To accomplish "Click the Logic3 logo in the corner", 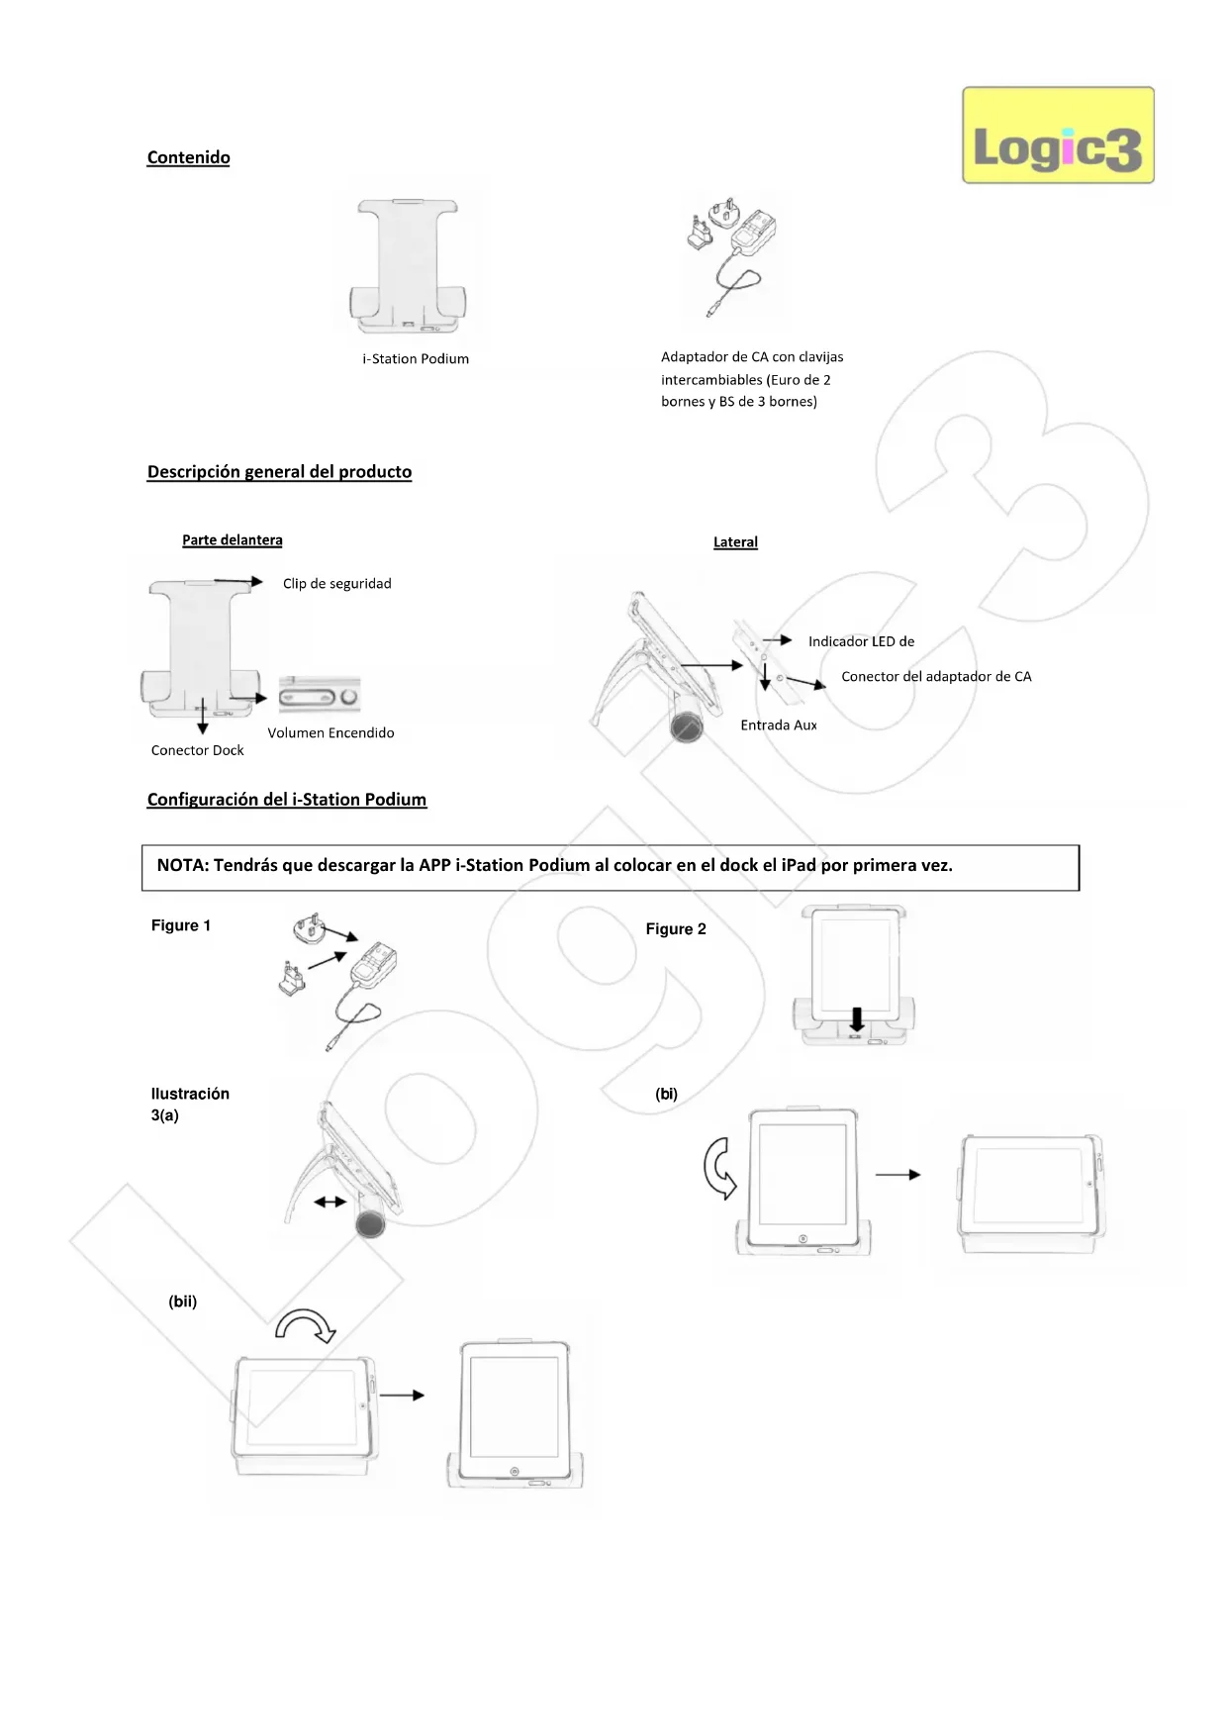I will pyautogui.click(x=1058, y=136).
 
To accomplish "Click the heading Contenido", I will pyautogui.click(x=188, y=157).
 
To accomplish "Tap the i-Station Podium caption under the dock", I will pyautogui.click(x=416, y=358).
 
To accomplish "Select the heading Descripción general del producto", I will pyautogui.click(x=279, y=472).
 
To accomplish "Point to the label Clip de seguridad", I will pyautogui.click(x=336, y=584).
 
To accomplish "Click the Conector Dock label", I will pyautogui.click(x=197, y=750).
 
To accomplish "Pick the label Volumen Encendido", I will pyautogui.click(x=331, y=732).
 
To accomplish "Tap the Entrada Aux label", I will pyautogui.click(x=779, y=725).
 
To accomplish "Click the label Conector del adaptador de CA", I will pyautogui.click(x=936, y=677).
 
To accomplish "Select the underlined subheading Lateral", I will pyautogui.click(x=735, y=542).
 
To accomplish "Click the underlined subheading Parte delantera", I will pyautogui.click(x=232, y=540).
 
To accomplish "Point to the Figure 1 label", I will pyautogui.click(x=180, y=925).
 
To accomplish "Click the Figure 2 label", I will pyautogui.click(x=676, y=929).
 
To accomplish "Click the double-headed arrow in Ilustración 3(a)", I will pyautogui.click(x=330, y=1202).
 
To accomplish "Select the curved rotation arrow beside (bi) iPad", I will pyautogui.click(x=719, y=1168).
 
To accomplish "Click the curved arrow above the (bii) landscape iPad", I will pyautogui.click(x=306, y=1326).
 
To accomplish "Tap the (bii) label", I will pyautogui.click(x=182, y=1302).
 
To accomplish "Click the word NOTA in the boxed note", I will pyautogui.click(x=182, y=865).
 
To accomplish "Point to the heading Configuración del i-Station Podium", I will pyautogui.click(x=286, y=800).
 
